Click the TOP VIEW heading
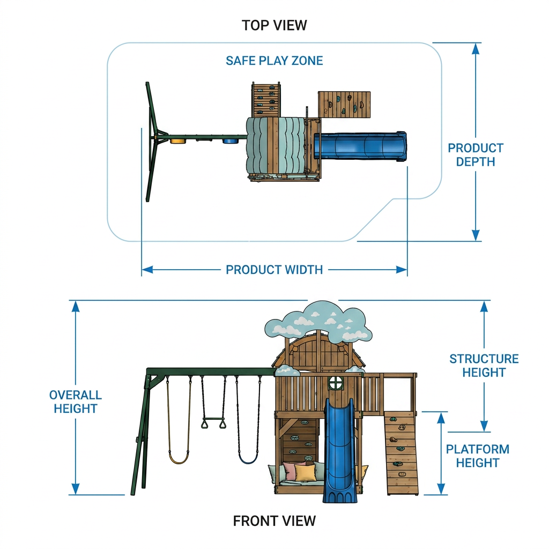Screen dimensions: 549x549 (274, 25)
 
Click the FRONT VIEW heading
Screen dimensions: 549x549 (274, 521)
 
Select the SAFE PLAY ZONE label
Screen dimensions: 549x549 (274, 61)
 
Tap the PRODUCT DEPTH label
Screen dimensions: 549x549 (476, 155)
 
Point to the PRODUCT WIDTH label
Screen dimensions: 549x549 (274, 270)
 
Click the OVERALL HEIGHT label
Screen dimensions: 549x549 (75, 402)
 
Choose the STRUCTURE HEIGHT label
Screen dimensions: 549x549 (484, 366)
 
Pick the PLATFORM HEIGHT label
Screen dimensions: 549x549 (477, 456)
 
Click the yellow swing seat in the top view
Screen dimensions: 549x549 (178, 141)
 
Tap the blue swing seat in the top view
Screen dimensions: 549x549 (230, 141)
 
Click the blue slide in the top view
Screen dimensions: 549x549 (360, 147)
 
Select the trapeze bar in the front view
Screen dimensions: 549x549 (213, 419)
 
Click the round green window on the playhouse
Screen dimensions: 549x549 (335, 383)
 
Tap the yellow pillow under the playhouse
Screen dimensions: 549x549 (305, 472)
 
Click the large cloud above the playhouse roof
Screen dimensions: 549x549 (318, 323)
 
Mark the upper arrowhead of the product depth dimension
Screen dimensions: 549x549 (476, 49)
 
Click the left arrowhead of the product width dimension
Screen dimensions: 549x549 (147, 270)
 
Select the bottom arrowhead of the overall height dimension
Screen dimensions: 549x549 (76, 489)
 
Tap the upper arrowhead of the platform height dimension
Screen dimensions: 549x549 (441, 418)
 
